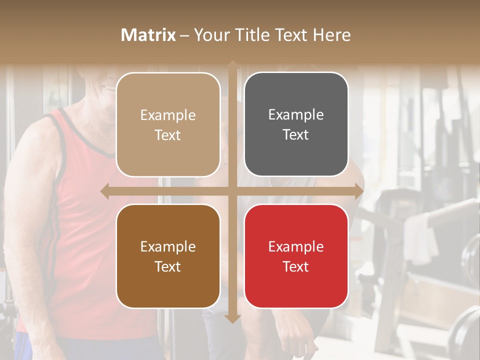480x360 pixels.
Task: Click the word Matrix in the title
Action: pos(148,35)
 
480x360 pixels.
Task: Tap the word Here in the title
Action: pos(332,35)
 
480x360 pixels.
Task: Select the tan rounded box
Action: pos(168,125)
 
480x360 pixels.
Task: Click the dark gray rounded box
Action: pos(296,124)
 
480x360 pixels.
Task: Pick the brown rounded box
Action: pos(168,256)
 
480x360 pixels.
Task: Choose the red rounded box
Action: pos(296,256)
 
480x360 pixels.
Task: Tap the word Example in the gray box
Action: pos(296,115)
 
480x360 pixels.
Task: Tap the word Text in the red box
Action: pos(296,266)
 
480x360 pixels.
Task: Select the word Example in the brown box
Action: pos(168,246)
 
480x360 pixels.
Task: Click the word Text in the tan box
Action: pos(168,135)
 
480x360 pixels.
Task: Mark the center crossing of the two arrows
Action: pos(232,191)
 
